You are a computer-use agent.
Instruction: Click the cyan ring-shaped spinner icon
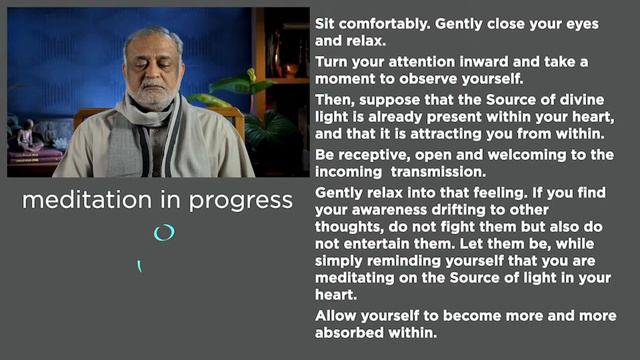[x=163, y=233]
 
